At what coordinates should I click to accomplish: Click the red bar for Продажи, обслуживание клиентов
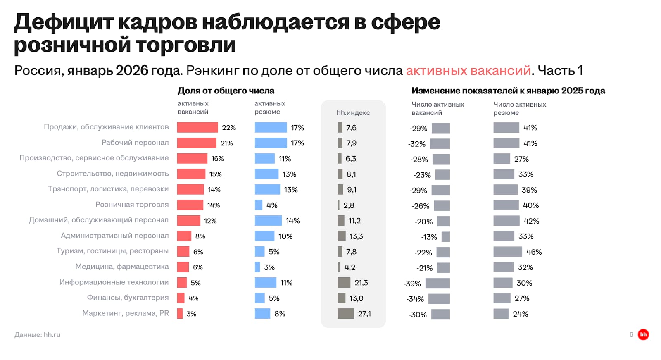(197, 127)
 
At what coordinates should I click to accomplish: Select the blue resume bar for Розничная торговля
(259, 205)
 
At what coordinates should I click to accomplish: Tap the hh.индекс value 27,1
(364, 314)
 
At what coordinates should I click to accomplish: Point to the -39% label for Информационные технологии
(412, 284)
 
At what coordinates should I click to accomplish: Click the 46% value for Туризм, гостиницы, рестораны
(534, 252)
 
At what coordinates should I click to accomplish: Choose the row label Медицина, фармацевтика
(122, 267)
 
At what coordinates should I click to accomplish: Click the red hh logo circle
(643, 334)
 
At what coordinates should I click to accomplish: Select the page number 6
(631, 334)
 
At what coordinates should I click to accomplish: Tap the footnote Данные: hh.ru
(38, 334)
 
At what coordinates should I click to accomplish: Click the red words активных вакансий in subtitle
(468, 71)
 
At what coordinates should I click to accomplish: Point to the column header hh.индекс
(353, 112)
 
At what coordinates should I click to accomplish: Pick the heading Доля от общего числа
(226, 91)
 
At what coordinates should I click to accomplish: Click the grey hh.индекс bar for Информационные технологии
(344, 283)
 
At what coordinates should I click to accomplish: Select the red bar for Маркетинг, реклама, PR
(180, 313)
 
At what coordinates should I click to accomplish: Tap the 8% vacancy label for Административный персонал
(200, 236)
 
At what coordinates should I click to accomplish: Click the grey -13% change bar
(445, 237)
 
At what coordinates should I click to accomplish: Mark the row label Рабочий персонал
(135, 143)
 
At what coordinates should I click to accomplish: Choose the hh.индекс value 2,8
(349, 205)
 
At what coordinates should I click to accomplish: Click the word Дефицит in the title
(63, 22)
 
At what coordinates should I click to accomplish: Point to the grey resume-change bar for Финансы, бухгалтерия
(502, 298)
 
